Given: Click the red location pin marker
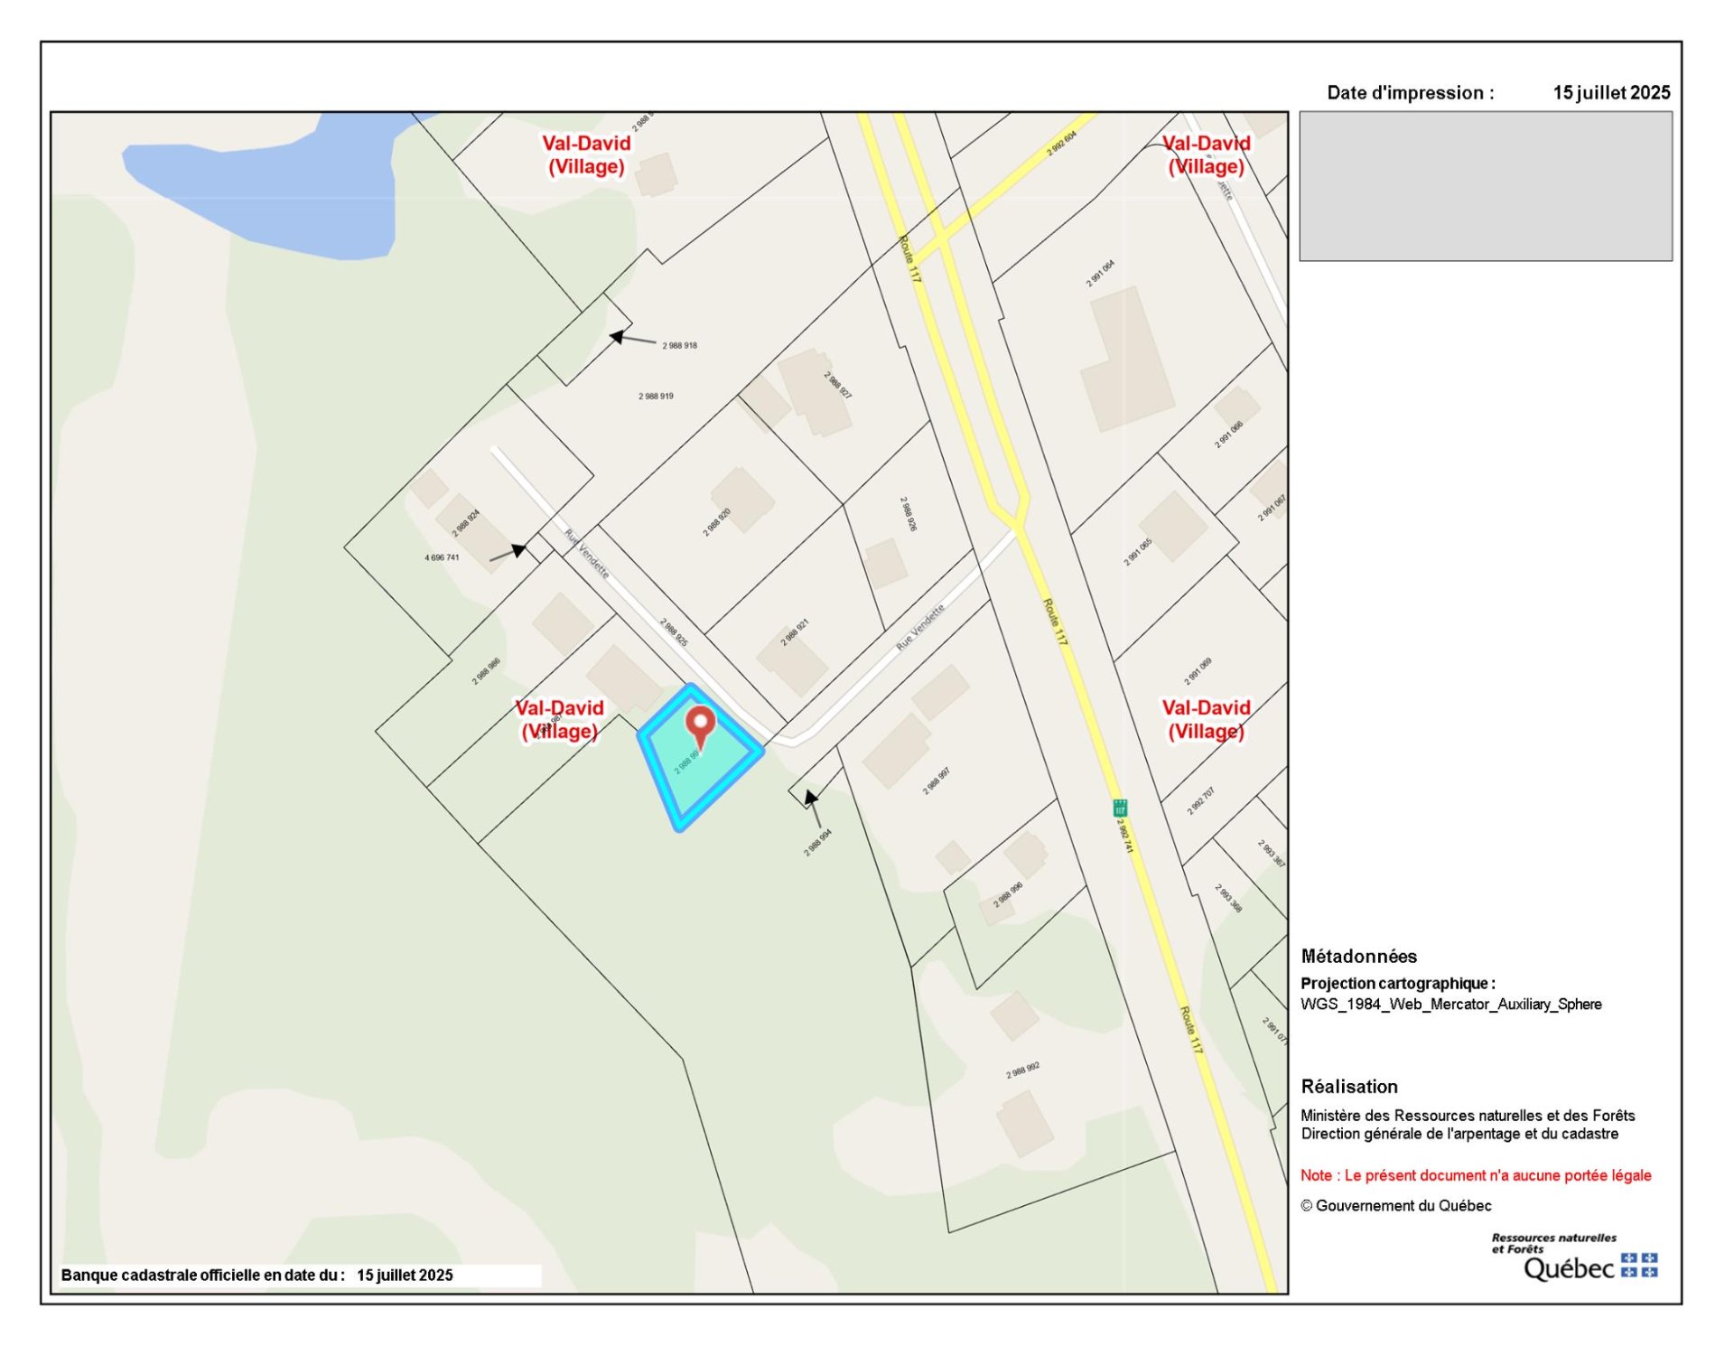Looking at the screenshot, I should point(700,725).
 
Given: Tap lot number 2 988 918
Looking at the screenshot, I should point(679,345).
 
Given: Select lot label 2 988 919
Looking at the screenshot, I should point(656,396).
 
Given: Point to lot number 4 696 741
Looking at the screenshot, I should point(442,557).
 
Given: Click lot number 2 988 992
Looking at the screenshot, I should point(1022,1070).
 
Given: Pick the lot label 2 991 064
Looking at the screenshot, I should point(1100,273).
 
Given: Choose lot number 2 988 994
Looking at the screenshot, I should point(817,842).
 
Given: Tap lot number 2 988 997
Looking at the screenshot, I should point(936,781).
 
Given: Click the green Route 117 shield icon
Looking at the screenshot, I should point(1120,807).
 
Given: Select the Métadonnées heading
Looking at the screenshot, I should point(1358,956).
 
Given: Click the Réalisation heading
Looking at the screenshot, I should point(1348,1086).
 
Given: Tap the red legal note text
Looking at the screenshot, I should point(1475,1174).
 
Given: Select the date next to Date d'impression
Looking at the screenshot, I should point(1611,92).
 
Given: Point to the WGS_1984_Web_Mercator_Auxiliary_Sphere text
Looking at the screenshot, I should point(1450,1004).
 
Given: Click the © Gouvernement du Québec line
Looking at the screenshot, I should point(1395,1205).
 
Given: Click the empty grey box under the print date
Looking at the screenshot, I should point(1485,186).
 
